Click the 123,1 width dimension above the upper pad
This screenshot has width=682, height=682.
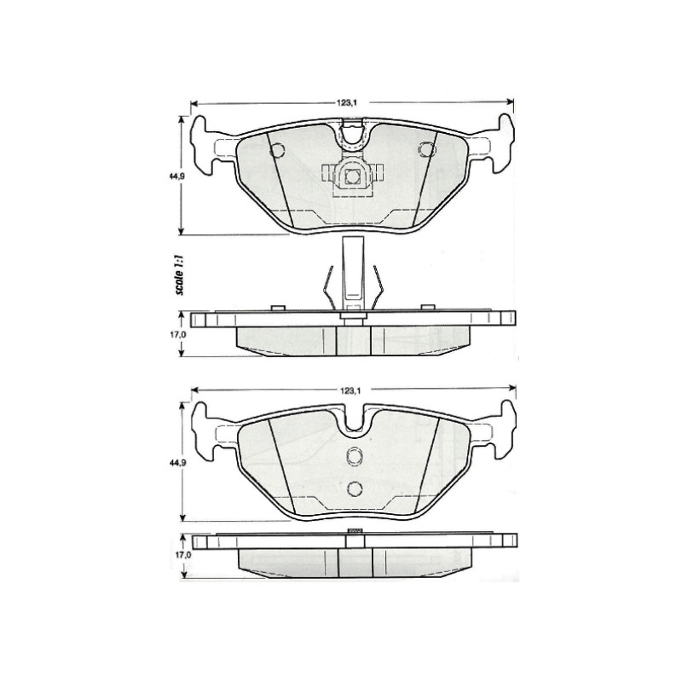click(345, 103)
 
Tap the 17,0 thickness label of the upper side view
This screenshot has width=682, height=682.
click(177, 335)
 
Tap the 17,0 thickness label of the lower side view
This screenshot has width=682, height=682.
click(177, 555)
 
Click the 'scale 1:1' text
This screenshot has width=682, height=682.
click(180, 274)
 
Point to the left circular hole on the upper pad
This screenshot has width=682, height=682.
click(275, 151)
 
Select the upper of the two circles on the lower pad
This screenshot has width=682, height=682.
click(354, 457)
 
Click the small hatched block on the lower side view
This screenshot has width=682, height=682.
click(354, 531)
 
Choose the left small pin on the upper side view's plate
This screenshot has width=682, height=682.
click(275, 308)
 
